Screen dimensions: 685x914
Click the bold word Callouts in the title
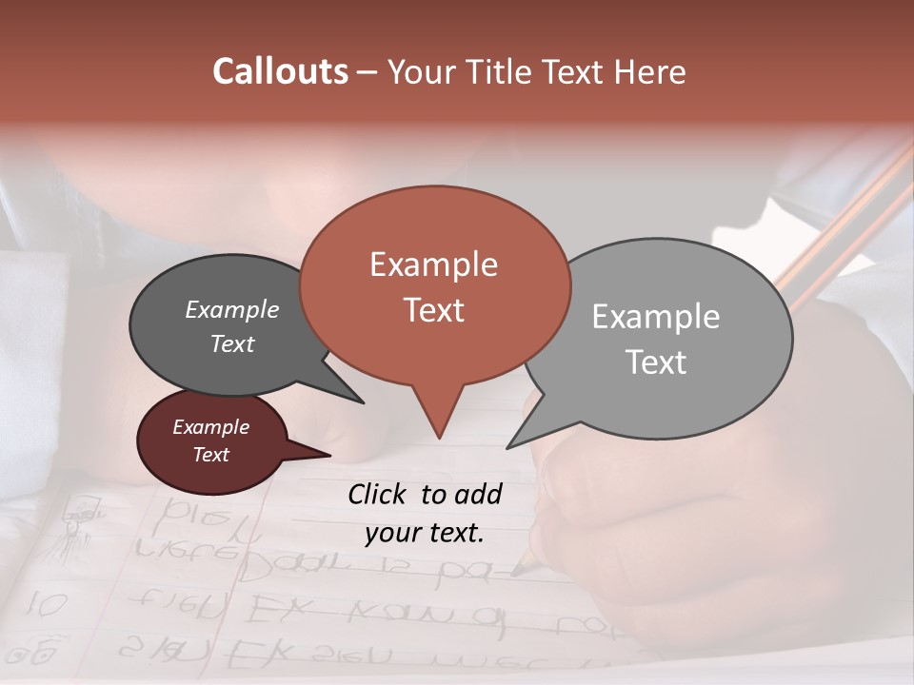coord(280,71)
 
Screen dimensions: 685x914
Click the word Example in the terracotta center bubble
coord(433,264)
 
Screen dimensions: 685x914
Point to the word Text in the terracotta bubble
coord(433,310)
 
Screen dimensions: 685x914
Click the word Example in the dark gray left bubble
coord(231,310)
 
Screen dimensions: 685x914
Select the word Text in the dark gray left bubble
coord(231,343)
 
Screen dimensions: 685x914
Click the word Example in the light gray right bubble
coord(656,317)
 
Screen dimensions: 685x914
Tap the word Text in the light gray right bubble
coord(656,362)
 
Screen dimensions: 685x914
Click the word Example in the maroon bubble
coord(210,427)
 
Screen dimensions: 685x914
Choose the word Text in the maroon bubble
coord(210,455)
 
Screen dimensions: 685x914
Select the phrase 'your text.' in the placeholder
coord(425,533)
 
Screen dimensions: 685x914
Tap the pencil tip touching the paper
coord(517,571)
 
